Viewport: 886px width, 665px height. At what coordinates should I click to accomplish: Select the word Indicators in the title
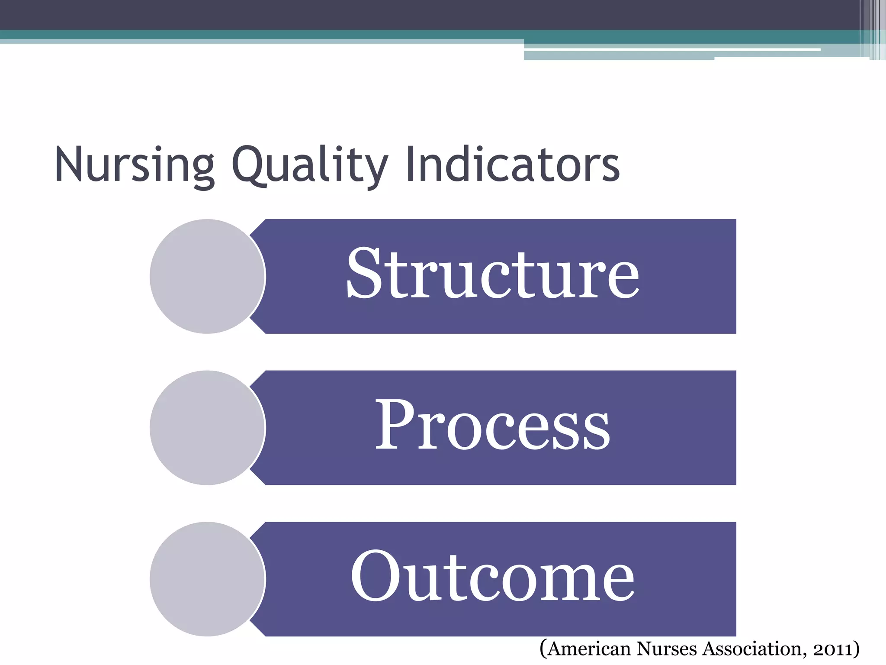click(x=513, y=165)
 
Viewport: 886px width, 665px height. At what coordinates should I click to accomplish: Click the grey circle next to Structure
click(x=207, y=276)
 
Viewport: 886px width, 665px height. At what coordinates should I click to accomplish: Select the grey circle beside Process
click(x=207, y=428)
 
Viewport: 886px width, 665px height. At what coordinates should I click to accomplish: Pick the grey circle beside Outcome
click(x=207, y=579)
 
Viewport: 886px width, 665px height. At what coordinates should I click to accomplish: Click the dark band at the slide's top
click(x=389, y=15)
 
